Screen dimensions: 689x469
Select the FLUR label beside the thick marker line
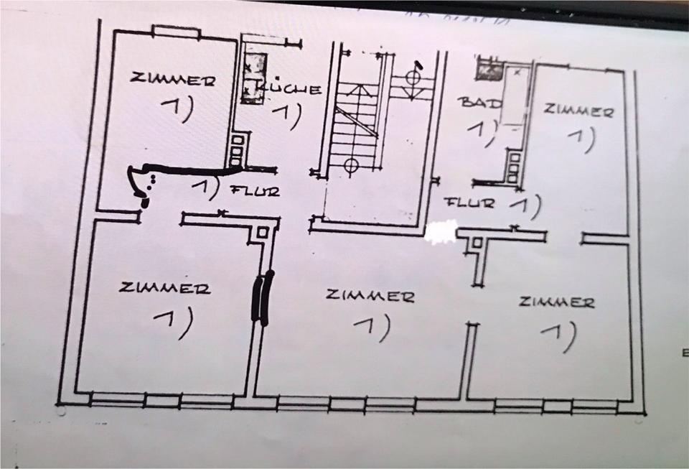pos(255,191)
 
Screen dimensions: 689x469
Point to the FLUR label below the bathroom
pos(470,203)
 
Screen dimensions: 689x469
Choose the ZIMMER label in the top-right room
pos(578,111)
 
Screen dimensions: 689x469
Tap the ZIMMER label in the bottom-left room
pos(165,289)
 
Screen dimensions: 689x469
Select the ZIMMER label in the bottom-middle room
pos(369,295)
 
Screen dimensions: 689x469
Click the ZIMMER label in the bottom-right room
pos(557,302)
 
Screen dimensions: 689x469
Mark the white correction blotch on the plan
pos(441,231)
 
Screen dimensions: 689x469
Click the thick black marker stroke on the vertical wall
pos(262,297)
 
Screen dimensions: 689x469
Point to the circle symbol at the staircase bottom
pos(350,165)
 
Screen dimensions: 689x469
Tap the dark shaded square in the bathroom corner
pos(489,70)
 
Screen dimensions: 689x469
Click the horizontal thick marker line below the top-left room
pos(194,170)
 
